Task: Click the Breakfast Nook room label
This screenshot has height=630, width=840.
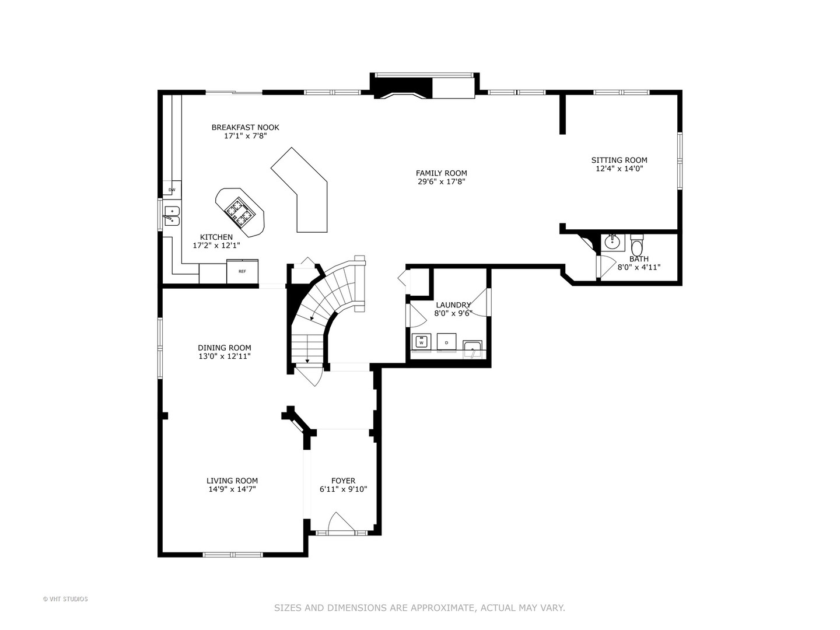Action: click(245, 127)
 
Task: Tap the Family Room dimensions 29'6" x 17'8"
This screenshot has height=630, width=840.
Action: click(441, 181)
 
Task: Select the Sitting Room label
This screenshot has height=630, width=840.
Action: click(619, 160)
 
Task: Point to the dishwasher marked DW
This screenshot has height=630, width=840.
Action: click(171, 190)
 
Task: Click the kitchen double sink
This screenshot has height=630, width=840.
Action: click(171, 215)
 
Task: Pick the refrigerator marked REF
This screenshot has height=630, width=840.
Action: click(242, 271)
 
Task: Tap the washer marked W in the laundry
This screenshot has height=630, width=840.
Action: click(421, 342)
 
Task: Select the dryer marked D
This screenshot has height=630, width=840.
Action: click(446, 342)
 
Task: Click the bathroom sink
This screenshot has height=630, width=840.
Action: click(612, 242)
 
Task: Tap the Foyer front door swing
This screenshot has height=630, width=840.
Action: click(341, 523)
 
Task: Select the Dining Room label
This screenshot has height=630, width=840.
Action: click(224, 348)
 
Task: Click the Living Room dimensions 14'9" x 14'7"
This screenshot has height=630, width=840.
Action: click(232, 489)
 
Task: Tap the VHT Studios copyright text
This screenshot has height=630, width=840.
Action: click(65, 599)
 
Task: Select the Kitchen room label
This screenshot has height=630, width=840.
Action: click(216, 237)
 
